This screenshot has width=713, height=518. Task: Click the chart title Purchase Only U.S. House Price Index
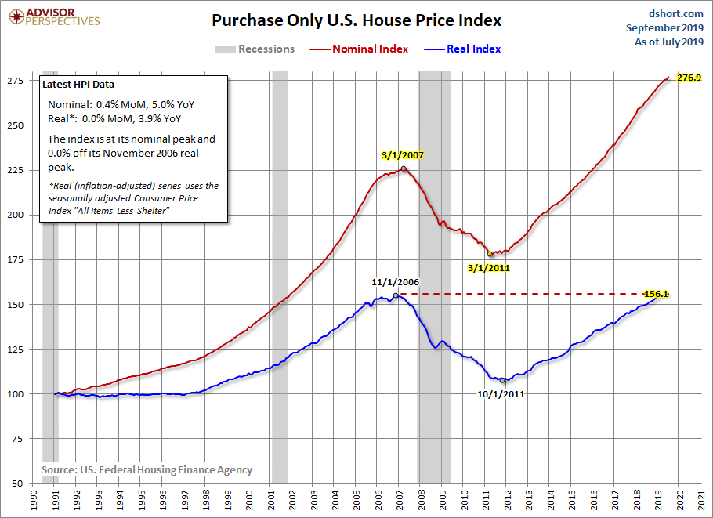click(x=356, y=20)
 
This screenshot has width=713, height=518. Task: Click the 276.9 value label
click(x=689, y=78)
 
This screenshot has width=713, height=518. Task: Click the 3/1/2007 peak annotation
click(x=404, y=155)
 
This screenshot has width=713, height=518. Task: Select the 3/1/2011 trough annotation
click(x=489, y=267)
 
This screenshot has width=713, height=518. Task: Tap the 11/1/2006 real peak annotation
click(x=396, y=281)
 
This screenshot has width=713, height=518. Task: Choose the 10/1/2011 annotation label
click(x=501, y=393)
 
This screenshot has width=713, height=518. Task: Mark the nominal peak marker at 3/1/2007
click(x=404, y=168)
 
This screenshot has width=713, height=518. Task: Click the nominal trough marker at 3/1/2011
click(x=490, y=254)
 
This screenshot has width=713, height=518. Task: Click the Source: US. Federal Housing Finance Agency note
click(x=147, y=470)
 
